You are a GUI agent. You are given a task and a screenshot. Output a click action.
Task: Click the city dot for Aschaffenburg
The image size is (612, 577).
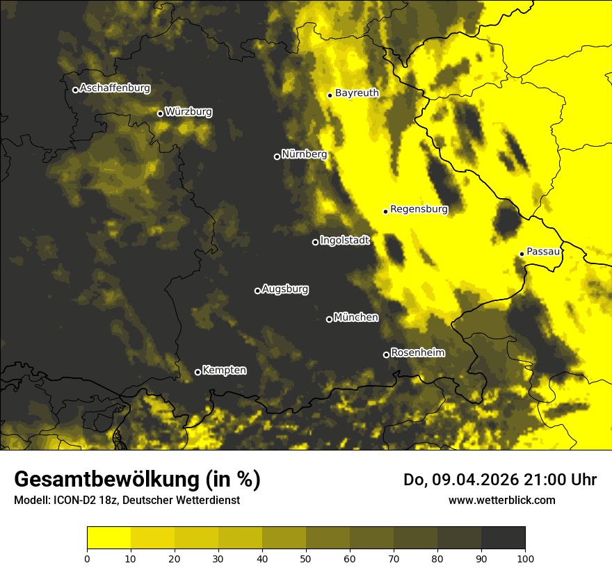[75, 90]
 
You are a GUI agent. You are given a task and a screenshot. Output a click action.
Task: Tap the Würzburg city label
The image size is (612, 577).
[188, 112]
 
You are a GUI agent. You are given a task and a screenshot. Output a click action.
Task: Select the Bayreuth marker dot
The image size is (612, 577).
[330, 95]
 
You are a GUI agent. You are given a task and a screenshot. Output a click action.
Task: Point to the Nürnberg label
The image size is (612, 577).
[304, 154]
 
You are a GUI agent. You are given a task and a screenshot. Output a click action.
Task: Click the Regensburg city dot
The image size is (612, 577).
[385, 211]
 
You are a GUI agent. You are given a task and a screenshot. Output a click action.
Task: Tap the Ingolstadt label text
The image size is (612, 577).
[345, 241]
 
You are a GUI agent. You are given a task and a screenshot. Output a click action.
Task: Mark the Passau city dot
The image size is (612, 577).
[522, 254]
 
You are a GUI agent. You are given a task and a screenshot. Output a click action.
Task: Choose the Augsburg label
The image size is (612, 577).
[285, 289]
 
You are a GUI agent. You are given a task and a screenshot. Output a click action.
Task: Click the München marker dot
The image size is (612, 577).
[329, 320]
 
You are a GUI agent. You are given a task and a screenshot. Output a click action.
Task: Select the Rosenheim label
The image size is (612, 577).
[417, 353]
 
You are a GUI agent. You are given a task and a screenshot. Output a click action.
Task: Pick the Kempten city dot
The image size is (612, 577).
[198, 372]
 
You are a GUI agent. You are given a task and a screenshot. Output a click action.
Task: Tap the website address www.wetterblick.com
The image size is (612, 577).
[502, 500]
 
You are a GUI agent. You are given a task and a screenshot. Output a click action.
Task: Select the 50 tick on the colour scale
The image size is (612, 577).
[306, 558]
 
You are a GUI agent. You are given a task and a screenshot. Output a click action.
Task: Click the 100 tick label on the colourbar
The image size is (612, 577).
[525, 558]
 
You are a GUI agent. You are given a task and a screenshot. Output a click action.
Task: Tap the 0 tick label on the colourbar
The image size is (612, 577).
[87, 558]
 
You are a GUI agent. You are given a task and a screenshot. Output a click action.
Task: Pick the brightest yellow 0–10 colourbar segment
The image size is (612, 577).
[108, 538]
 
